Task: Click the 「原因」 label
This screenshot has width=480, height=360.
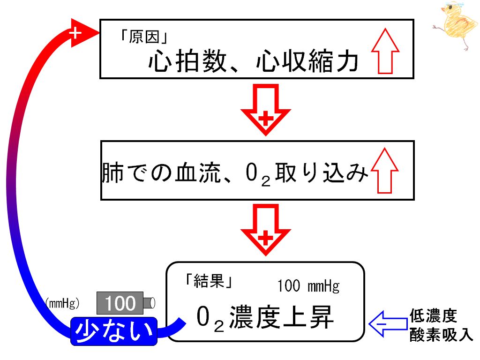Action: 144,37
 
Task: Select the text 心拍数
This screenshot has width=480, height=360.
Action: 187,61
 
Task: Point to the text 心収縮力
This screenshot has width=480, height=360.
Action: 307,61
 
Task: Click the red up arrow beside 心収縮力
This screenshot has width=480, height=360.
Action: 385,51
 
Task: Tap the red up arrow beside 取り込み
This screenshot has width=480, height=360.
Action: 384,171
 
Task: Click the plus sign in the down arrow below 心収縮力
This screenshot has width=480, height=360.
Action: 266,118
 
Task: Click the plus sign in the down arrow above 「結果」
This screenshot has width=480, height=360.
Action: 266,238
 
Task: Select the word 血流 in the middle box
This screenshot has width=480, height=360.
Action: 198,172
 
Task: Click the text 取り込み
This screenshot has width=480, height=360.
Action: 322,172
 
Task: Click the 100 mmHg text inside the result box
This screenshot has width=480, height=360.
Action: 308,286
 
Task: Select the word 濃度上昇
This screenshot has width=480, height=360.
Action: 281,317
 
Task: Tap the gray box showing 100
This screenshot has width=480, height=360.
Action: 120,303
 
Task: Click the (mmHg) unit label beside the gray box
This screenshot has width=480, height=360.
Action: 62,303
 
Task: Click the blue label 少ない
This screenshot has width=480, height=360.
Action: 114,331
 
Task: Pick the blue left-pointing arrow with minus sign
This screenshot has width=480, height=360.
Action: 388,324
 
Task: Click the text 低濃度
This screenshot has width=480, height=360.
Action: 434,316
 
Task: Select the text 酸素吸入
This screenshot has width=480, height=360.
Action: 441,335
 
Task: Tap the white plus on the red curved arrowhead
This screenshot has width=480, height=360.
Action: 75,33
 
